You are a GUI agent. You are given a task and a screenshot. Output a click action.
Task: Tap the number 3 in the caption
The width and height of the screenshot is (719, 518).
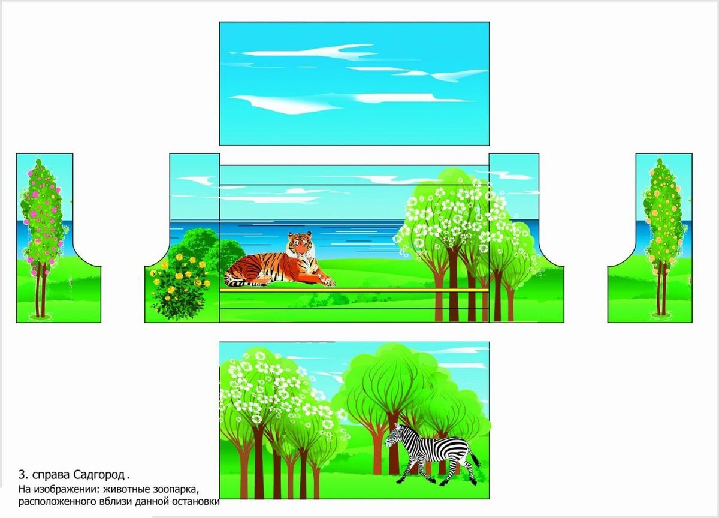[22, 474]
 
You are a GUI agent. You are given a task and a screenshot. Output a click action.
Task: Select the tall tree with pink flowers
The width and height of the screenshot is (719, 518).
[42, 237]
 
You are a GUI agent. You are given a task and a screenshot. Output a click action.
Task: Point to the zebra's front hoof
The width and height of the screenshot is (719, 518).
[399, 481]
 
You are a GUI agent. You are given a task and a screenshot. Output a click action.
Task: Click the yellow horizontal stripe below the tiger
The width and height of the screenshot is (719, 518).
[354, 290]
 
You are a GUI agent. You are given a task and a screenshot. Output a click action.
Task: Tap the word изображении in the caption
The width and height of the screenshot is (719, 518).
[67, 489]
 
